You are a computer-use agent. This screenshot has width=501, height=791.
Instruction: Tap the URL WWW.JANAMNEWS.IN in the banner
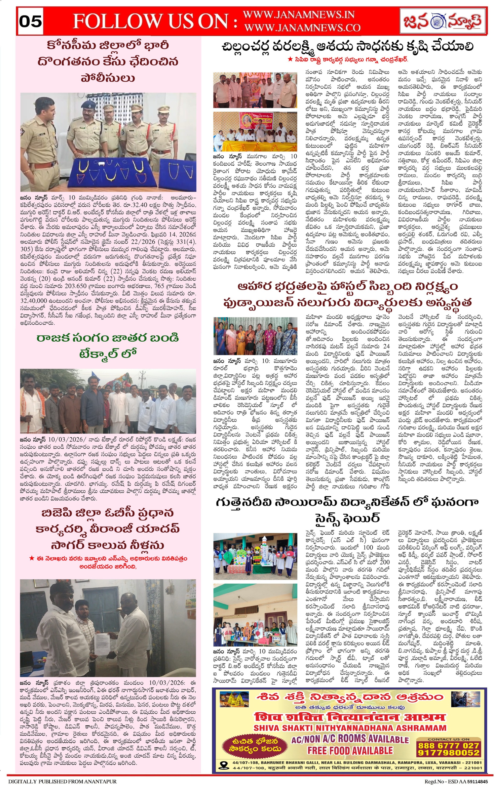point(299,15)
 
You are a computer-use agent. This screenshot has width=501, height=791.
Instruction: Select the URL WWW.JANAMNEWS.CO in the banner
point(302,28)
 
